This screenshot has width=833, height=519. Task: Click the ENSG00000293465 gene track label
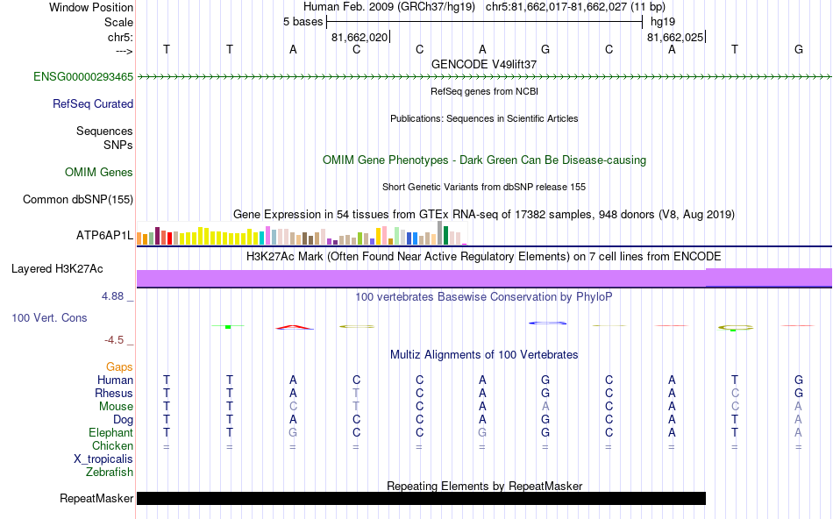coord(83,77)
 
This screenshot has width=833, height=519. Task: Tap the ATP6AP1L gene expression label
coord(104,236)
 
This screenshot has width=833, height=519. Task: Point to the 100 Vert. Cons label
coord(50,317)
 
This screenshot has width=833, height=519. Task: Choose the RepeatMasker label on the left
coord(96,499)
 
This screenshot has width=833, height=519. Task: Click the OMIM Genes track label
coord(99,173)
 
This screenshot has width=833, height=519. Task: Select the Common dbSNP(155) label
coord(78,200)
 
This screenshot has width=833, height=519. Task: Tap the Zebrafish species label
coord(110,473)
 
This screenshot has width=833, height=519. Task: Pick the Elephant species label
coord(110,433)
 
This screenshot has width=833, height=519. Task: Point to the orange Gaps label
coord(119,367)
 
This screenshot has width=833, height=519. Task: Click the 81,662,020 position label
coord(359,38)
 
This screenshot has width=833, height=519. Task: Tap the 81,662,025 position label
coord(674,38)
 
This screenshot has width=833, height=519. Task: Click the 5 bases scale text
coord(303,22)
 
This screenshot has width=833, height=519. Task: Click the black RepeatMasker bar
coord(421,499)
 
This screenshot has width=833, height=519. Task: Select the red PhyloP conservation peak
coord(294,328)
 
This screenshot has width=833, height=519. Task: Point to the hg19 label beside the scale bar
coord(662,22)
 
